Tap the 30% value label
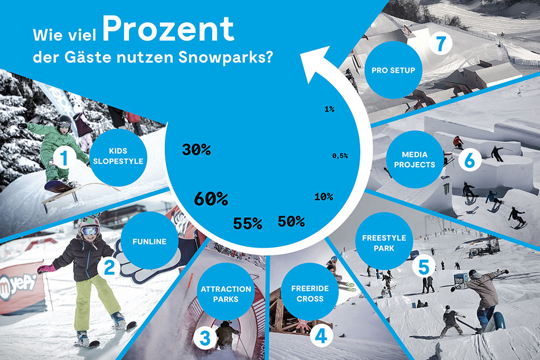pyautogui.click(x=195, y=150)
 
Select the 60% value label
pyautogui.click(x=211, y=199)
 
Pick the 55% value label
pyautogui.click(x=247, y=223)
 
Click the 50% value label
pyautogui.click(x=291, y=221)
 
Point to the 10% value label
pyautogui.click(x=323, y=196)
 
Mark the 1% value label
pyautogui.click(x=329, y=109)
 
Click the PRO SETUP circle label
pyautogui.click(x=393, y=70)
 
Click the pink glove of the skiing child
pyautogui.click(x=46, y=268)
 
